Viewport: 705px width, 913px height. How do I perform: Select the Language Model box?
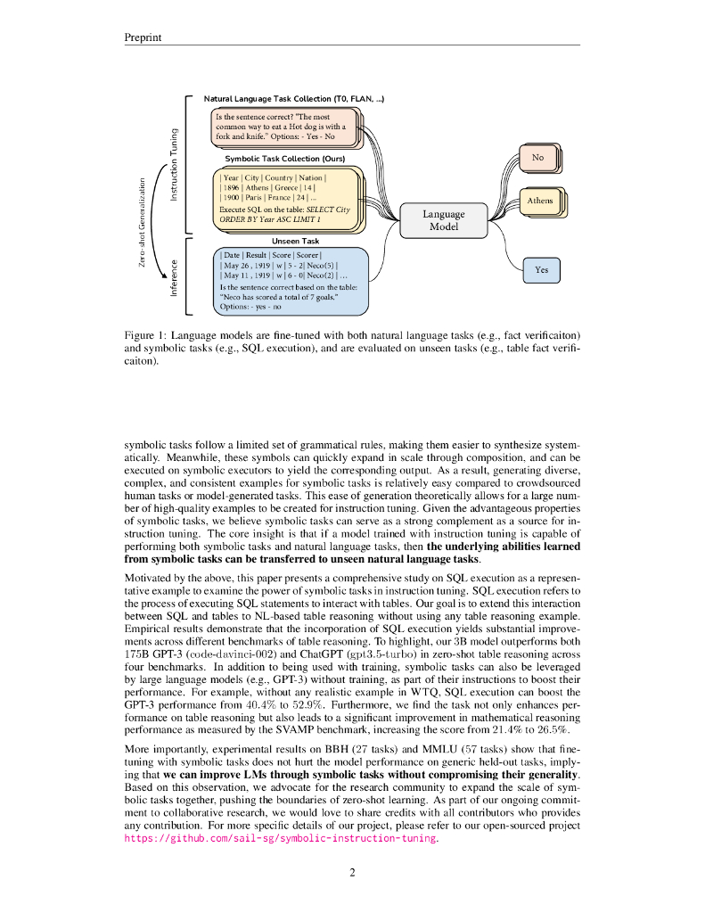point(443,220)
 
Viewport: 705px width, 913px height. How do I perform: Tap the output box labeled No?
point(537,159)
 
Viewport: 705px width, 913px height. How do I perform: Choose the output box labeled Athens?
point(539,202)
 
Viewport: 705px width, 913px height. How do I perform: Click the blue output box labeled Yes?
point(541,269)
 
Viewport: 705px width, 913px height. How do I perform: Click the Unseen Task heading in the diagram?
point(295,241)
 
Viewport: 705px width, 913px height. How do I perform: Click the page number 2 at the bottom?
point(353,873)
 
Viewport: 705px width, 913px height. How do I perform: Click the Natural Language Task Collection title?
point(294,98)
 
